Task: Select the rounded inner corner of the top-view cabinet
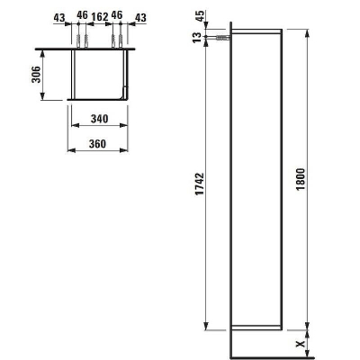(122, 94)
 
